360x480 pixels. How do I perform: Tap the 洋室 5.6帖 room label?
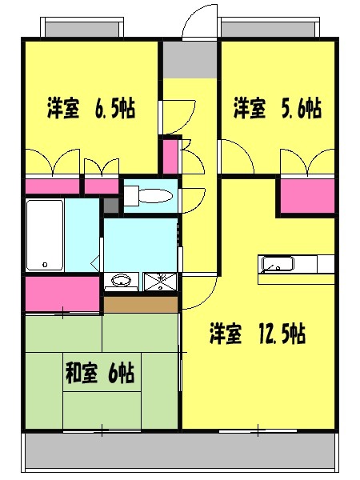point(278,108)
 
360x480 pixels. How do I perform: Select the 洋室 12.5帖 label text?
point(257,334)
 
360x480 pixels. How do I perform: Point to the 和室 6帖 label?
point(99,373)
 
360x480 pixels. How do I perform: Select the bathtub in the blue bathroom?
point(45,236)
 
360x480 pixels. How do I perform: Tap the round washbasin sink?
point(122,282)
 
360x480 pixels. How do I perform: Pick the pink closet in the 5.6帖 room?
point(306,196)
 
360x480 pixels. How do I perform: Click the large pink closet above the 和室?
point(62,294)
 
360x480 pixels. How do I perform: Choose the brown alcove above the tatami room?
point(139,304)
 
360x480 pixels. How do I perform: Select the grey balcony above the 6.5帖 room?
point(82,29)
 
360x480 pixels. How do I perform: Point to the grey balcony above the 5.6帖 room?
point(270,29)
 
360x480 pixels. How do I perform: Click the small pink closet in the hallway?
point(170,156)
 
